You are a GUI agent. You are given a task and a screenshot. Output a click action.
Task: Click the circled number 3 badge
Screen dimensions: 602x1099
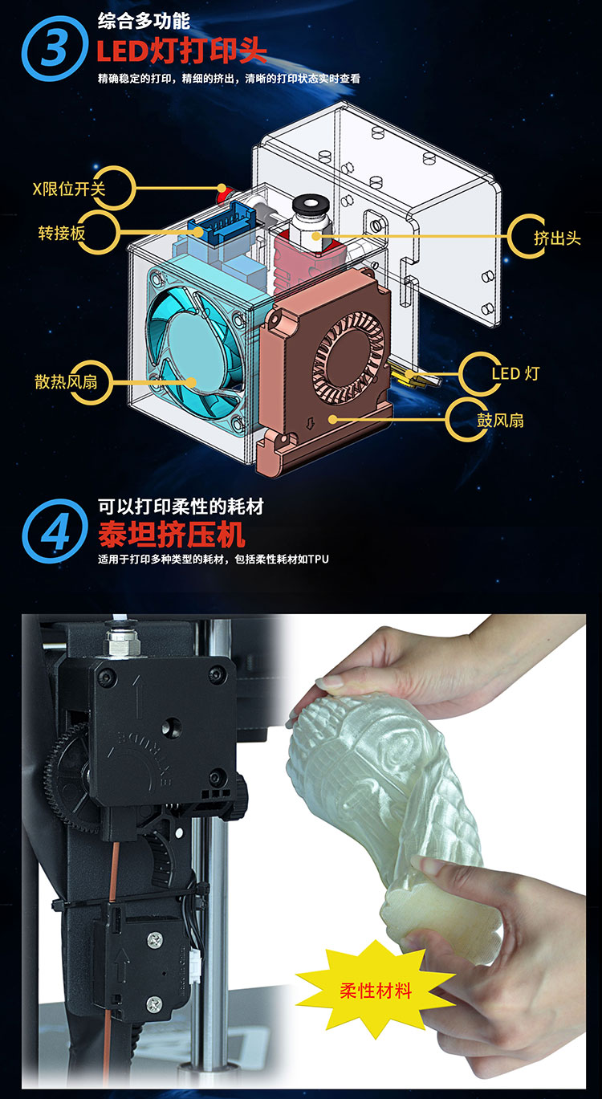click(x=54, y=48)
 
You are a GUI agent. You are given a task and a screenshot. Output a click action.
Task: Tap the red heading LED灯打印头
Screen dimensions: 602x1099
click(x=181, y=50)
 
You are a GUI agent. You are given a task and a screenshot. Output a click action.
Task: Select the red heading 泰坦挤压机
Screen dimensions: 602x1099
click(x=171, y=534)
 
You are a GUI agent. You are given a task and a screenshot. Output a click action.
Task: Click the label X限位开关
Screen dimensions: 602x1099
click(x=69, y=189)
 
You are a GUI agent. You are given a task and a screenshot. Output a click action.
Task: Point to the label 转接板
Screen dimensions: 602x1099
click(x=62, y=233)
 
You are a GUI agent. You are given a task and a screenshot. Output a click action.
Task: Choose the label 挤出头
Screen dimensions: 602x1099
click(x=557, y=238)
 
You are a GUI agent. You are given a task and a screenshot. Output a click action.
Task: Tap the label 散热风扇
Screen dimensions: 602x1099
click(x=67, y=381)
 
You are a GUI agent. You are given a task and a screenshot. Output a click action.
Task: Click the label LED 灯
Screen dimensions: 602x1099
click(x=515, y=373)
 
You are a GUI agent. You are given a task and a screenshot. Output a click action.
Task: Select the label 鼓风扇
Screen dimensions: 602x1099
click(x=500, y=421)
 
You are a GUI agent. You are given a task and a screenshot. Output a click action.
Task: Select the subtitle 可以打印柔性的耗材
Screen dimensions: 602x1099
click(x=181, y=506)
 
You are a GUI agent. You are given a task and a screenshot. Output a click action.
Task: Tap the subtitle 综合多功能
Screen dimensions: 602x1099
click(x=143, y=21)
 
